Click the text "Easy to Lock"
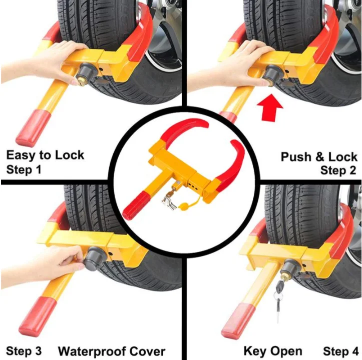(x=46, y=155)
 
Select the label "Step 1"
(x=24, y=169)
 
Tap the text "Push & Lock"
(x=318, y=156)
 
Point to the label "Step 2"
(x=338, y=170)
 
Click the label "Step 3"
(x=24, y=350)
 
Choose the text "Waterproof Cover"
(x=112, y=350)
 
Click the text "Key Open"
(x=273, y=350)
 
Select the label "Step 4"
(x=340, y=350)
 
